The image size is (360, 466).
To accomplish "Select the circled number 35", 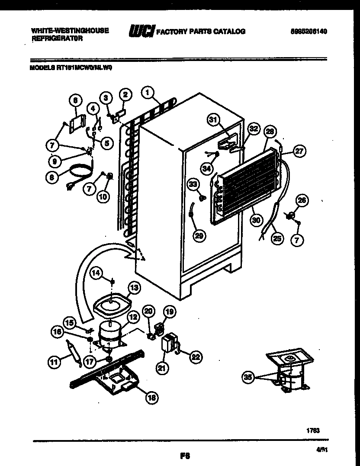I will [247, 377].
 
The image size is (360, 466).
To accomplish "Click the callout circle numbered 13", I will [134, 287].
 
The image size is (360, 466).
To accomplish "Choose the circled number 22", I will [196, 356].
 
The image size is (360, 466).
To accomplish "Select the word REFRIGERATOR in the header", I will [57, 38].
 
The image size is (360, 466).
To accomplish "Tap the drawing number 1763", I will [313, 431].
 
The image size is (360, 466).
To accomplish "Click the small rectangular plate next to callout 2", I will [121, 113].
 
